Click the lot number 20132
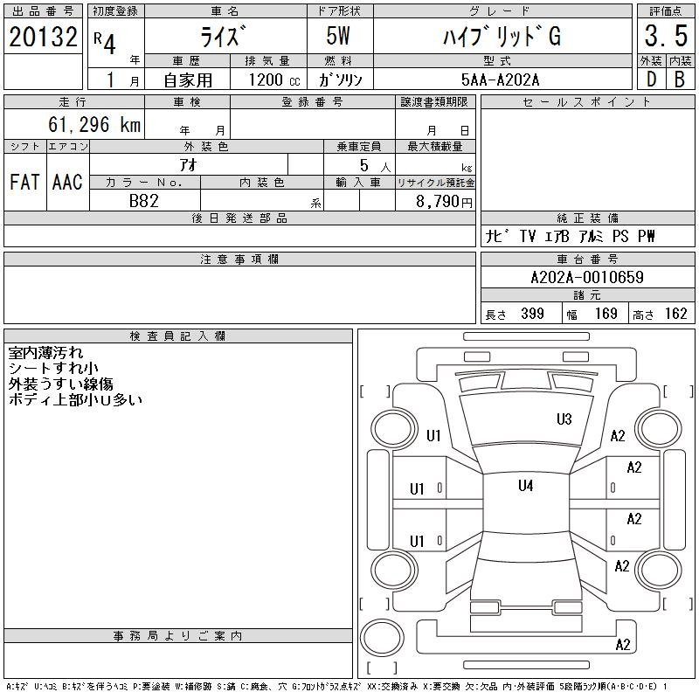(x=43, y=36)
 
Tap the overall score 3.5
(x=666, y=36)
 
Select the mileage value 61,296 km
(x=94, y=124)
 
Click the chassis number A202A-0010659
(x=587, y=277)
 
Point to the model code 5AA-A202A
(x=500, y=80)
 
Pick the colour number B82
(x=144, y=201)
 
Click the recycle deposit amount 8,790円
(x=444, y=202)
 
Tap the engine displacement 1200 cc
(x=274, y=80)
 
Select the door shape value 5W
(x=338, y=36)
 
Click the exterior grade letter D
(x=651, y=80)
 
